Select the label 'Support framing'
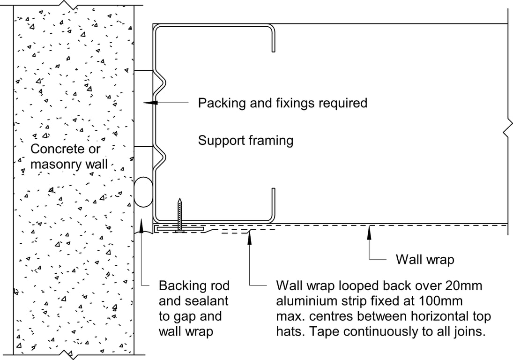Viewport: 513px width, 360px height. tap(245, 140)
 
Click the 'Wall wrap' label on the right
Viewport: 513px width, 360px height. tap(425, 259)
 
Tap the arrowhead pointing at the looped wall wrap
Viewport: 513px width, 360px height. tap(250, 234)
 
